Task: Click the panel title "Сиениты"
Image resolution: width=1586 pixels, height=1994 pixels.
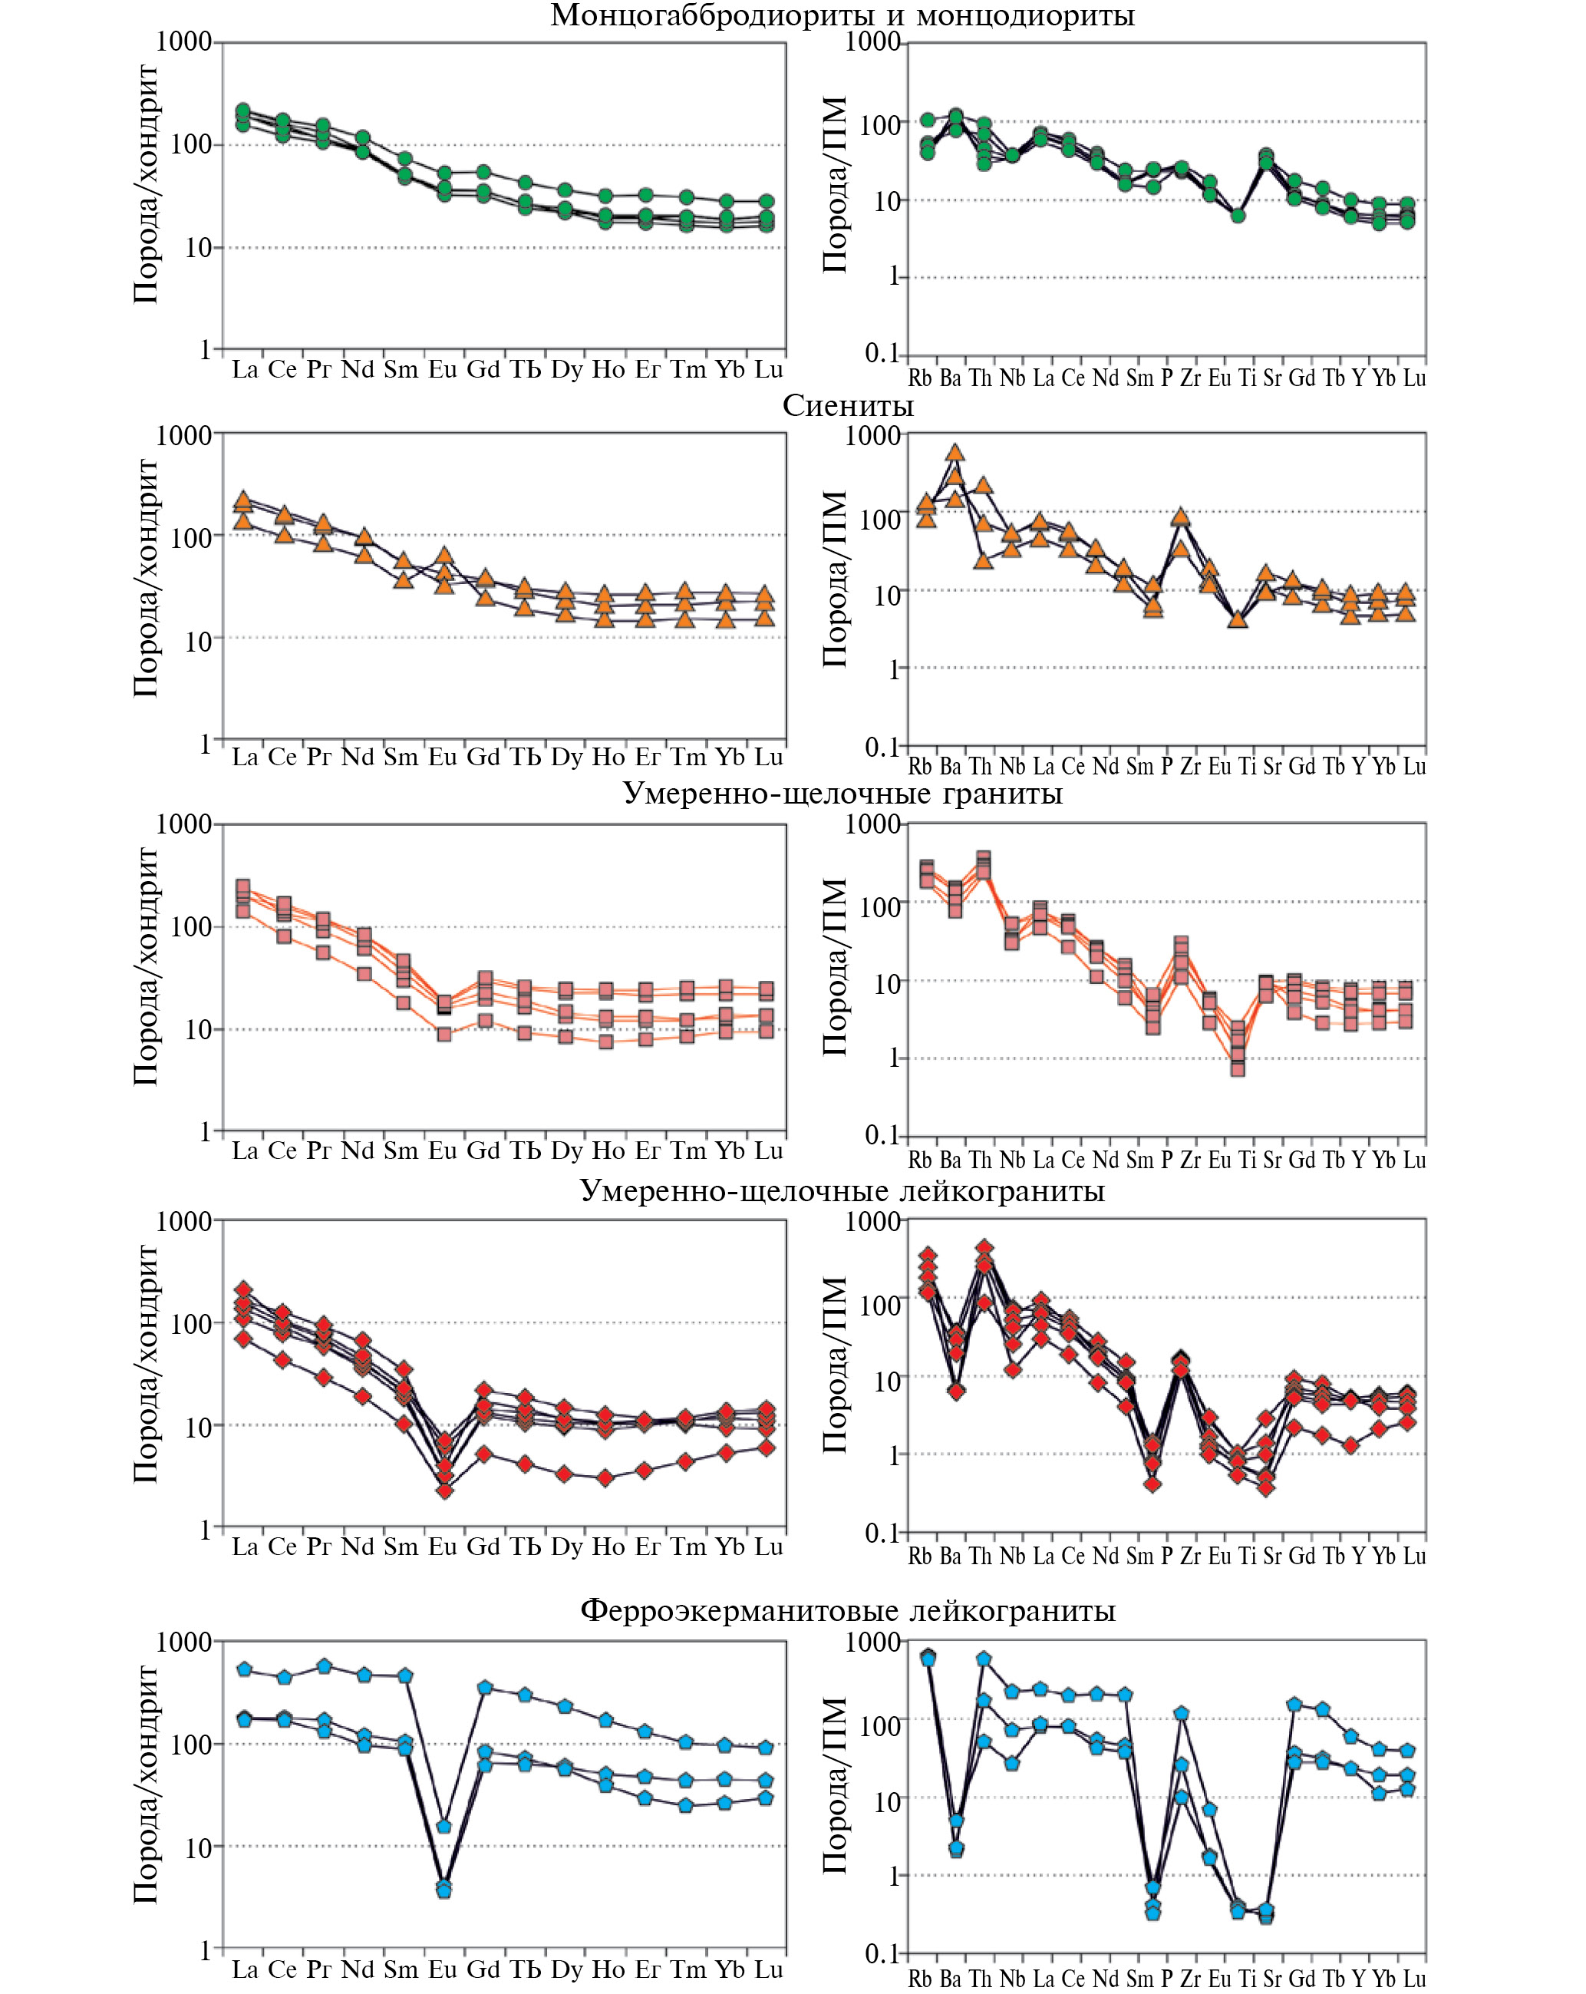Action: pyautogui.click(x=847, y=406)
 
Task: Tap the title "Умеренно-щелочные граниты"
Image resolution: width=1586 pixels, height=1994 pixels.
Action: pyautogui.click(x=842, y=794)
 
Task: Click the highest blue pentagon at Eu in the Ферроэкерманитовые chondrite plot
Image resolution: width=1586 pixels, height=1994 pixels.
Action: pyautogui.click(x=444, y=1827)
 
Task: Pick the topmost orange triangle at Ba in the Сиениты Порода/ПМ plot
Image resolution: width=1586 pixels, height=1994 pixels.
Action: pyautogui.click(x=955, y=452)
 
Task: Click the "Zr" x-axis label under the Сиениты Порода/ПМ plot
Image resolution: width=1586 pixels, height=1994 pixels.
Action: pyautogui.click(x=1190, y=767)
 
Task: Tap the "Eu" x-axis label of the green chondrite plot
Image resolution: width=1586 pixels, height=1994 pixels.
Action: pyautogui.click(x=443, y=370)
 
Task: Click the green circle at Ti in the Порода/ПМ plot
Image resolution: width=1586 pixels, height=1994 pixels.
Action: pyautogui.click(x=1238, y=216)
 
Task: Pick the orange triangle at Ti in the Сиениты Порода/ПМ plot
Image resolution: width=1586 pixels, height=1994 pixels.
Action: pyautogui.click(x=1238, y=619)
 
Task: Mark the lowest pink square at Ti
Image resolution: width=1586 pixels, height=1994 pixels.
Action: pyautogui.click(x=1238, y=1069)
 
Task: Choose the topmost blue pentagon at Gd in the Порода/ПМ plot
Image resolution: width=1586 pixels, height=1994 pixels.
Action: pyautogui.click(x=1294, y=1705)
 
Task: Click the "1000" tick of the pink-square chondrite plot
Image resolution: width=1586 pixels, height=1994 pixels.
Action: pyautogui.click(x=184, y=824)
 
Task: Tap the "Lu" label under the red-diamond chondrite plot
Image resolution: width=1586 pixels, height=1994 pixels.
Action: pyautogui.click(x=769, y=1547)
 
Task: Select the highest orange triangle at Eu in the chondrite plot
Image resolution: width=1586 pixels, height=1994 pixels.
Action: pyautogui.click(x=445, y=556)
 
